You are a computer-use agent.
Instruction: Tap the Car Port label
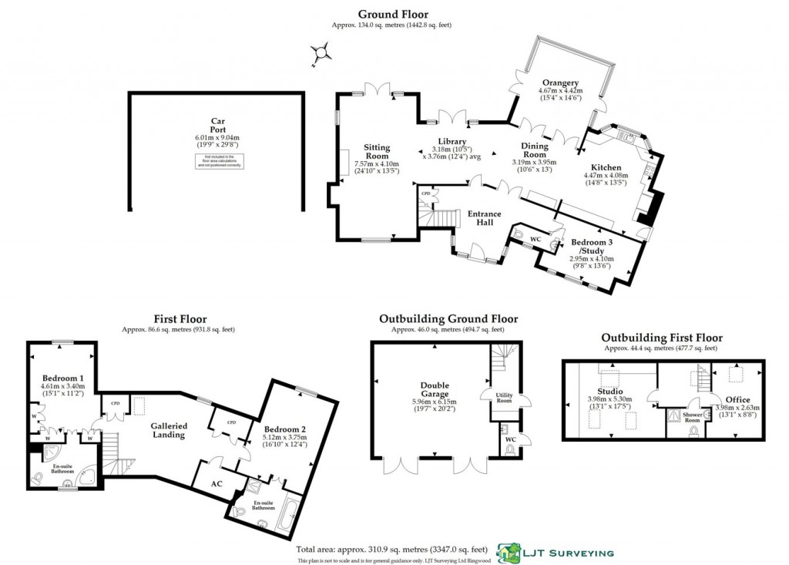[217, 126]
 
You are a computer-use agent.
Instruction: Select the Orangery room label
[559, 83]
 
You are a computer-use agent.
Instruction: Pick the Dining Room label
[534, 150]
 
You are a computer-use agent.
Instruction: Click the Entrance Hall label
[479, 218]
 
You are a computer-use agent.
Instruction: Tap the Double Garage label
[435, 390]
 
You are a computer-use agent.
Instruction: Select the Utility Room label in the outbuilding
[505, 397]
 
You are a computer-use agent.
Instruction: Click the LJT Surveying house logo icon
[509, 552]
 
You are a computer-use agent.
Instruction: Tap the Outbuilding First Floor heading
[661, 338]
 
